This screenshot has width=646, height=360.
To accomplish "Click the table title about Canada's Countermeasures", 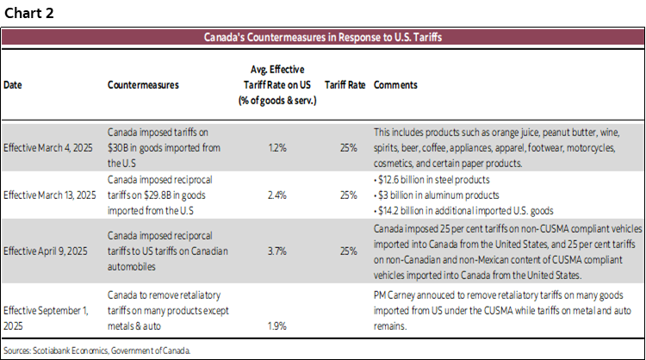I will [x=323, y=38].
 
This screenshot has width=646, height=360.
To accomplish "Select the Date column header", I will [x=13, y=86].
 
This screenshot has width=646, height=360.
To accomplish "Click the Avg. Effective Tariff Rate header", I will [x=276, y=86].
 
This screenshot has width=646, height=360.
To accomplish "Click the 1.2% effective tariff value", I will [x=276, y=148].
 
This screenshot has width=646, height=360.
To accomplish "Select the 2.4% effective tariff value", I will [x=276, y=195].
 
